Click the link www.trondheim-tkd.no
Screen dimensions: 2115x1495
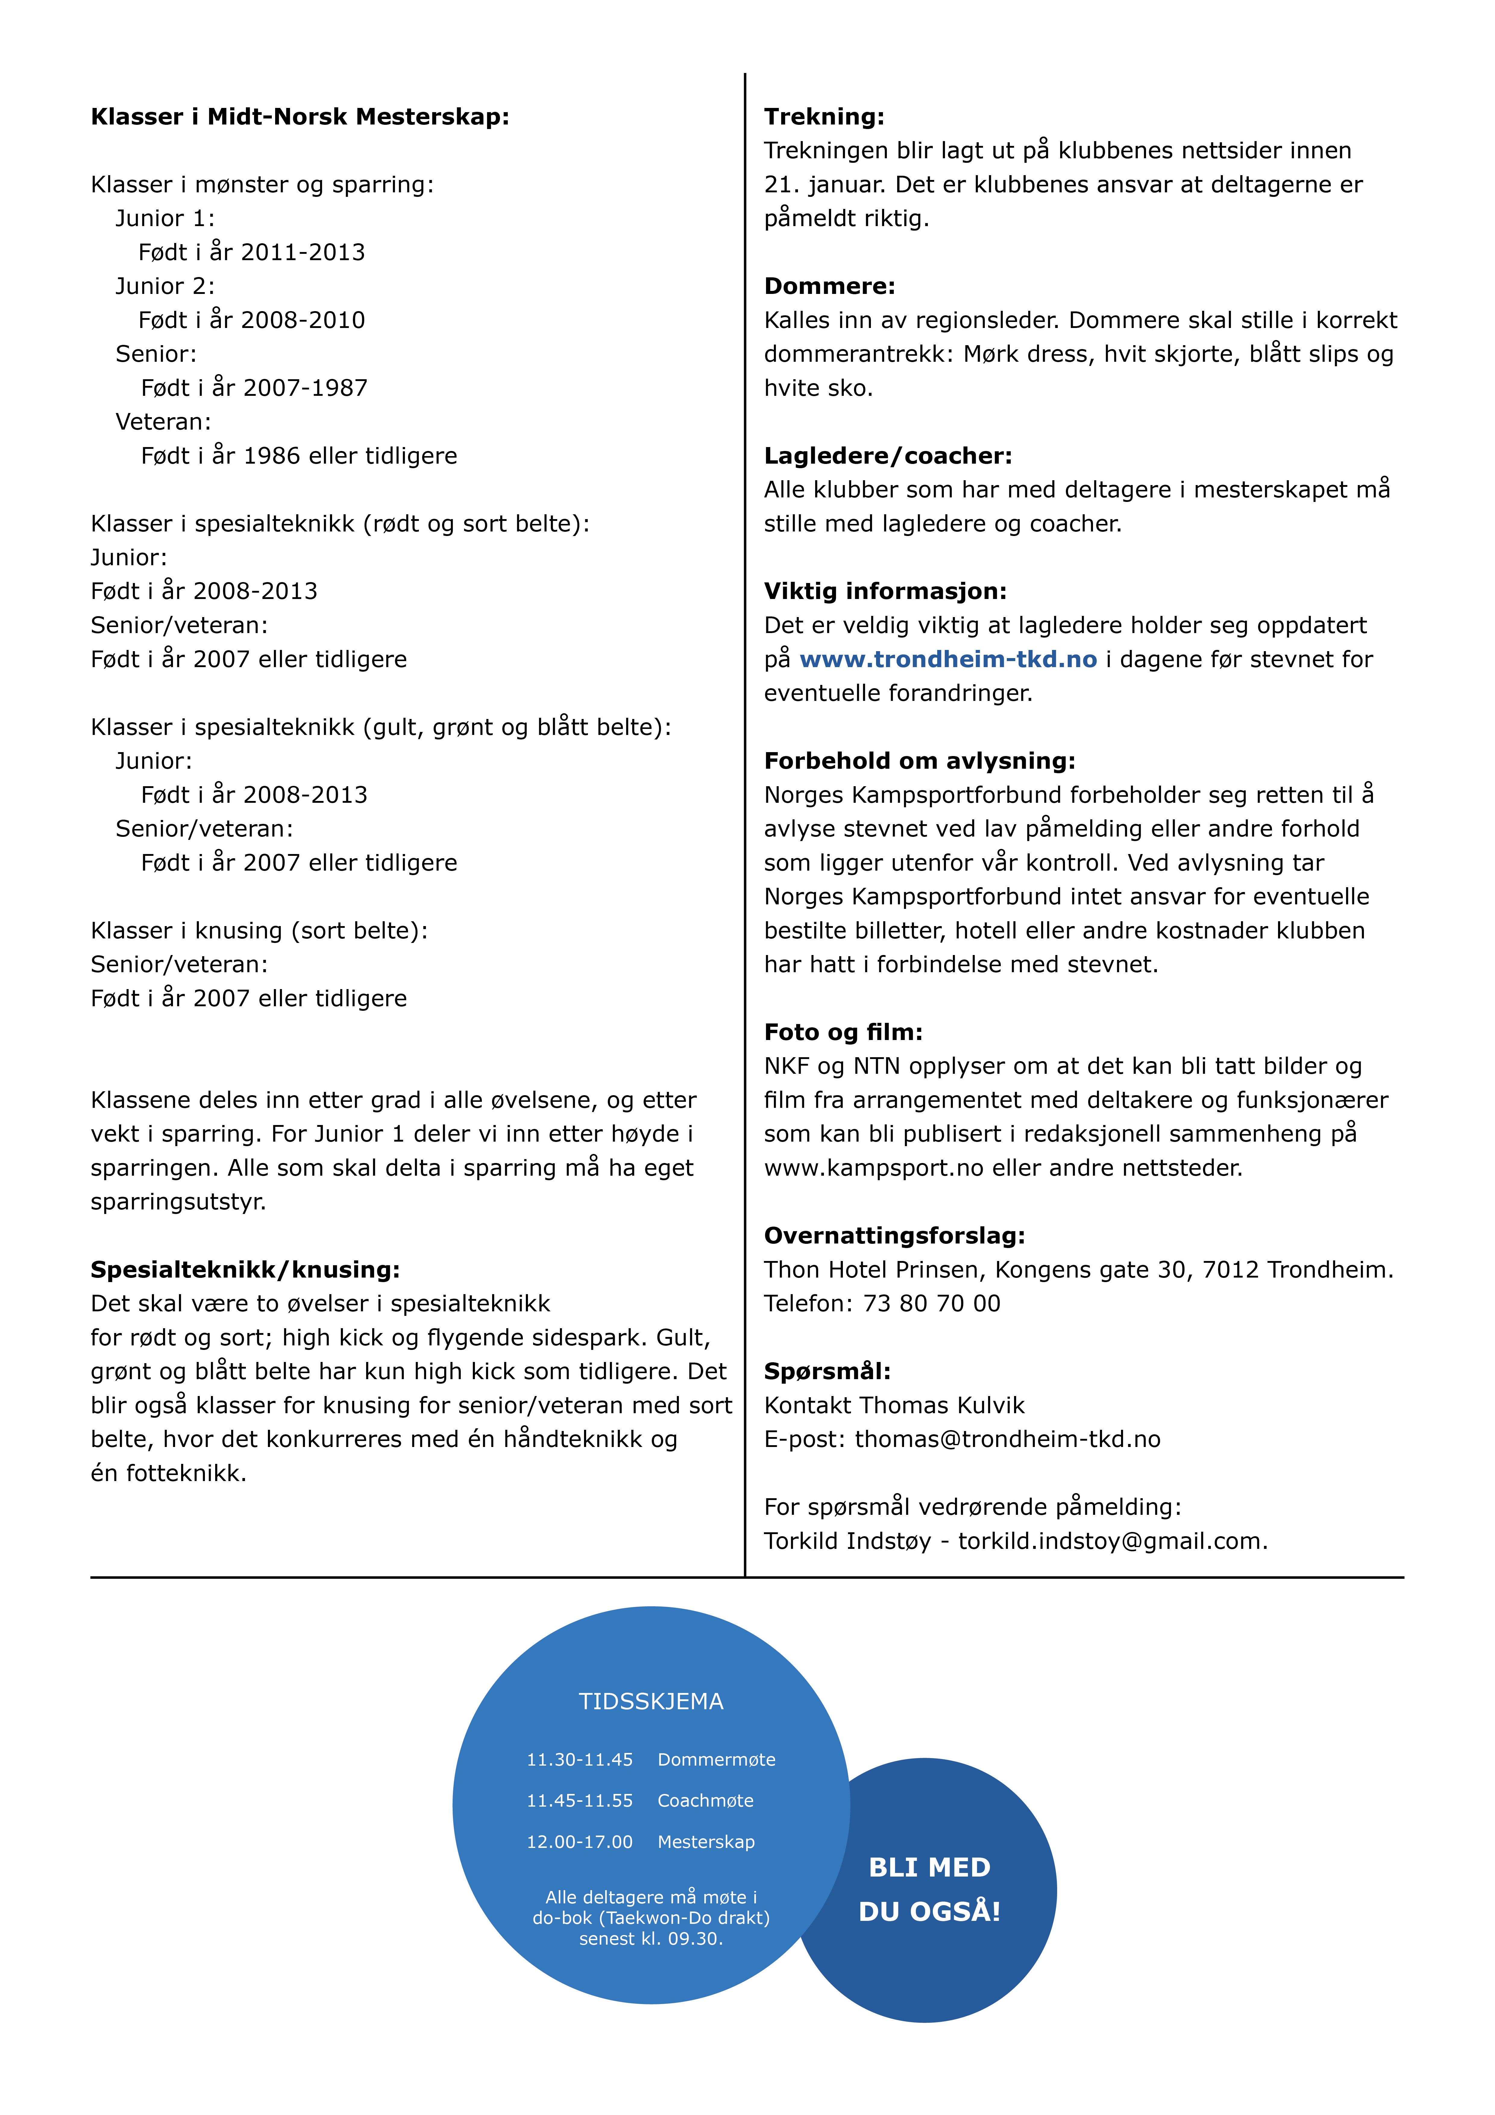948,660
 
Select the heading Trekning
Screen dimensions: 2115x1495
824,117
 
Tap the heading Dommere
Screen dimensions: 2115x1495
829,286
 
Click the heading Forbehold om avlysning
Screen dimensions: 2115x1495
919,761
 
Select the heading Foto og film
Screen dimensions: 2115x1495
843,1032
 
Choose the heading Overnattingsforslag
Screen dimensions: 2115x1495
894,1235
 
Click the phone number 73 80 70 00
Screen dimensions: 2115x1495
931,1303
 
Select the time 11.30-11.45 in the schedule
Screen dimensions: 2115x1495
579,1759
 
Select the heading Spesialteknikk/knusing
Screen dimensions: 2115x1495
245,1269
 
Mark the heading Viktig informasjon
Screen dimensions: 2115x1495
885,591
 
